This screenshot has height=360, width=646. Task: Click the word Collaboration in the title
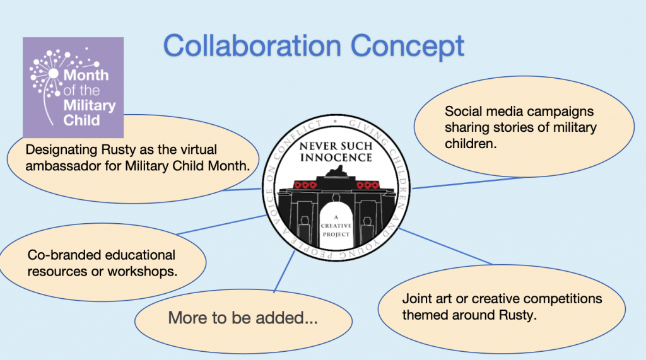(252, 45)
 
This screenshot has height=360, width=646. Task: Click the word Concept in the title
(408, 47)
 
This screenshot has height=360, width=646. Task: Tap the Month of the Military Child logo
(73, 88)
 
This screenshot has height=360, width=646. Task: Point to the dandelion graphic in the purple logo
(54, 83)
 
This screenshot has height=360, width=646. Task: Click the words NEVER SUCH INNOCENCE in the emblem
(336, 151)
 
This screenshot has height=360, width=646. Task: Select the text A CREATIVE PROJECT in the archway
(336, 226)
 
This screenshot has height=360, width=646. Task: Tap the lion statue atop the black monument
(337, 171)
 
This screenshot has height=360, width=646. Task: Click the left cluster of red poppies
(305, 185)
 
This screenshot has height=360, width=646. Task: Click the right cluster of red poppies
(368, 185)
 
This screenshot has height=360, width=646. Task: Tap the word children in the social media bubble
(471, 143)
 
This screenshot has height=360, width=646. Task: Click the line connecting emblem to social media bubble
(467, 183)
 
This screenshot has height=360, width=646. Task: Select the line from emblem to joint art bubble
(445, 246)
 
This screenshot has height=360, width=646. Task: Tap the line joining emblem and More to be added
(285, 272)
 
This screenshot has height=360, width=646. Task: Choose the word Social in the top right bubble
(463, 111)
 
